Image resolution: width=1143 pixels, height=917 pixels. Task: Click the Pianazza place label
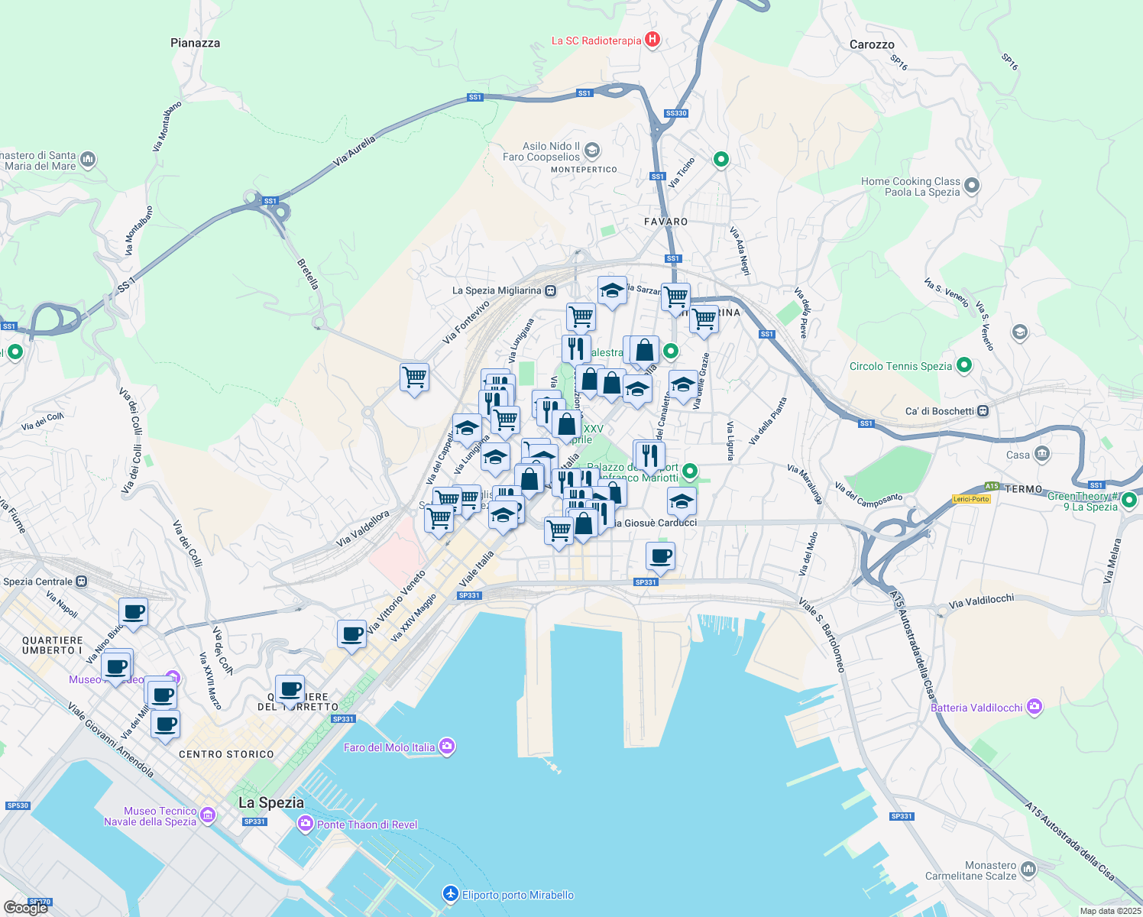(195, 44)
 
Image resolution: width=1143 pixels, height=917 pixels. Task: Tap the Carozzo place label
(872, 45)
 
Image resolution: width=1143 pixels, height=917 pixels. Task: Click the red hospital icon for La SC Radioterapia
(652, 40)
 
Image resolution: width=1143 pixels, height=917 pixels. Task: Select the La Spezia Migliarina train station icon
(550, 290)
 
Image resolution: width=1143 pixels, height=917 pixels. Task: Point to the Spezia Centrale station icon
(81, 582)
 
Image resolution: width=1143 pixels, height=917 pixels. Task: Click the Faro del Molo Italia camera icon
(447, 747)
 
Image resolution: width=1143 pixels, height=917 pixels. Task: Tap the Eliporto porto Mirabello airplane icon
(451, 894)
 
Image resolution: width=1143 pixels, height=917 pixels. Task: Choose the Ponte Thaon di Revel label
(368, 825)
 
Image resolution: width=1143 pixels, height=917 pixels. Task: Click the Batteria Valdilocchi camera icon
(1035, 707)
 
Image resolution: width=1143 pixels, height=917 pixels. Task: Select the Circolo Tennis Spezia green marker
(964, 365)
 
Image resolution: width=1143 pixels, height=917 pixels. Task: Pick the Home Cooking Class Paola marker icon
(972, 186)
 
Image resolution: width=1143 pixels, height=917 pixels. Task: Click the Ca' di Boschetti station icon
(983, 411)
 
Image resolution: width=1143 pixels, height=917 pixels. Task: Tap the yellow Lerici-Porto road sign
(971, 499)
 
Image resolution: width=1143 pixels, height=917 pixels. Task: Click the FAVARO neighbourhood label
(666, 222)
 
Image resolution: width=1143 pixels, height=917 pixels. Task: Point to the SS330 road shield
(676, 113)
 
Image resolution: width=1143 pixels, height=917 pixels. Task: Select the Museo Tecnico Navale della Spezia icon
(208, 816)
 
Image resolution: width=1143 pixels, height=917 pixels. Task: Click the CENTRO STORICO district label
(226, 754)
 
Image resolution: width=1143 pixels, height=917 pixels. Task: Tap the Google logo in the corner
(26, 908)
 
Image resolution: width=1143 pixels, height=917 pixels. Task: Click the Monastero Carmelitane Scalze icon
(1028, 870)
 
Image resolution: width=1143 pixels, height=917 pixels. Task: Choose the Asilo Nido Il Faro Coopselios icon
(592, 151)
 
